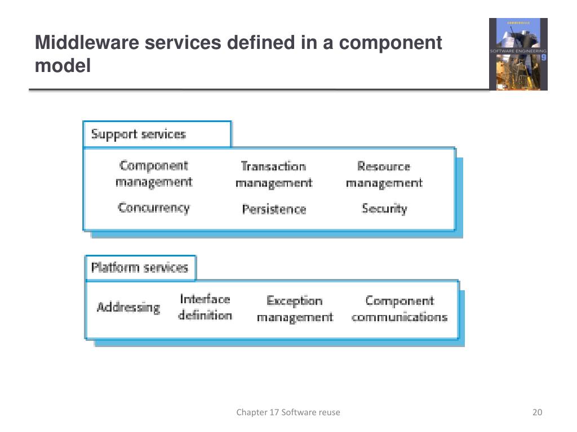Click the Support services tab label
(x=139, y=134)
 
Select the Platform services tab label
(x=139, y=267)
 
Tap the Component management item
(x=154, y=174)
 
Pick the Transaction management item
(x=273, y=174)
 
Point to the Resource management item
(x=384, y=174)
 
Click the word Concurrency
(x=154, y=208)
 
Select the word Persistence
(x=274, y=209)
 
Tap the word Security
(x=384, y=209)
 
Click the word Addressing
(x=128, y=307)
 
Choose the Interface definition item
(x=205, y=307)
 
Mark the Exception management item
(x=295, y=309)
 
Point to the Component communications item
(x=399, y=309)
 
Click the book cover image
(x=518, y=54)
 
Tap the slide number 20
(x=537, y=412)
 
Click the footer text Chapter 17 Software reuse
(x=288, y=412)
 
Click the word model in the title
(x=63, y=66)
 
